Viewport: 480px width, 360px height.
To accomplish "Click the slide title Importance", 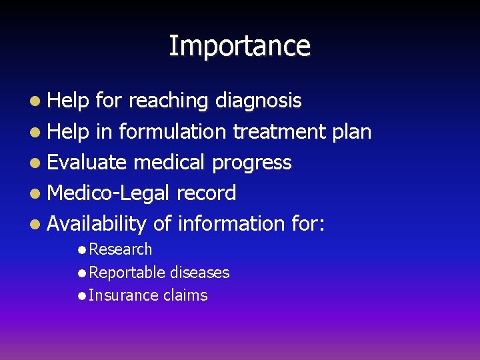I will pyautogui.click(x=239, y=46).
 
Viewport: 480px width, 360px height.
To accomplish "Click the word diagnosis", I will pyautogui.click(x=258, y=101).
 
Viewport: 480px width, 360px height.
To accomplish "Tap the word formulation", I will pyautogui.click(x=173, y=132).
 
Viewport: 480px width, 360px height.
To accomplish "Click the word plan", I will pyautogui.click(x=351, y=132).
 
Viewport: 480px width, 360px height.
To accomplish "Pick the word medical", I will pyautogui.click(x=171, y=163).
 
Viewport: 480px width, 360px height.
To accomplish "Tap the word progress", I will pyautogui.click(x=252, y=163).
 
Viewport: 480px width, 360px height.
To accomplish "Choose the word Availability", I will pyautogui.click(x=97, y=224).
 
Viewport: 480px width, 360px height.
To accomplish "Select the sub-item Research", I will pyautogui.click(x=120, y=249).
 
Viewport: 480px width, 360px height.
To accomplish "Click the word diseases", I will pyautogui.click(x=199, y=273).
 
